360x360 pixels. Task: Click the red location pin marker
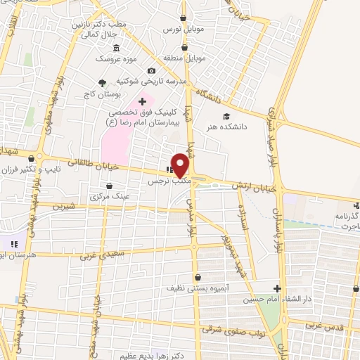point(181,166)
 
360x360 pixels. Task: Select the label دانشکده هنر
point(226,127)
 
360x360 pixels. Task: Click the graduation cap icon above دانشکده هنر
point(226,116)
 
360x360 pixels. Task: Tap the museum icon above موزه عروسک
point(116,47)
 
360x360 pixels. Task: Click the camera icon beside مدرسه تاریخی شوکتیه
point(151,71)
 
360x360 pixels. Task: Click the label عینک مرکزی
point(110,196)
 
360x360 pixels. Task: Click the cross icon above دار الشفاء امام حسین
point(277,288)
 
